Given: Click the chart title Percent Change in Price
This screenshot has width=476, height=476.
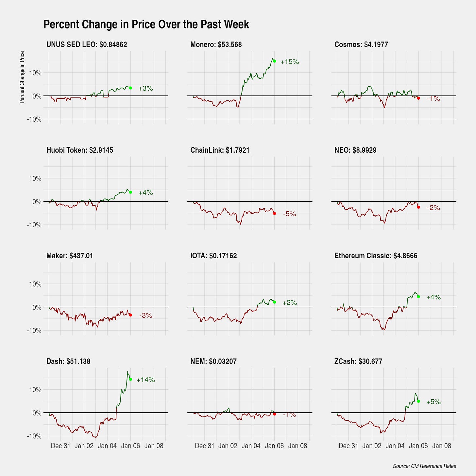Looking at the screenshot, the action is pos(146,25).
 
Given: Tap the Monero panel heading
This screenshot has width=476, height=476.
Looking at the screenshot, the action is pos(216,45).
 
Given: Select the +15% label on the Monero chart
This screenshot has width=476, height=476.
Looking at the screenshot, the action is pos(290,62).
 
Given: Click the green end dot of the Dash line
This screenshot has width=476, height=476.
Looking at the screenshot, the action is pos(130,379).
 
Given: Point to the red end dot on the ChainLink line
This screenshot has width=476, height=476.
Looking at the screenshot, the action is pos(274,213).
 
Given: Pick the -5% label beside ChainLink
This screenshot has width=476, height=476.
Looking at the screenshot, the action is pos(290,214).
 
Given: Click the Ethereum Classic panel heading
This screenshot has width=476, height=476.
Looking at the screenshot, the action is pos(376,256).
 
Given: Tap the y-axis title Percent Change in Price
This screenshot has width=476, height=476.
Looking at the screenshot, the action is pos(22,77).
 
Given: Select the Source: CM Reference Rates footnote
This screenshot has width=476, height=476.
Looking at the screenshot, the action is pos(424,466).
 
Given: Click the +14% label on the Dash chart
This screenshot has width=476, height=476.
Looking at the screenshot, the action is pos(145,380).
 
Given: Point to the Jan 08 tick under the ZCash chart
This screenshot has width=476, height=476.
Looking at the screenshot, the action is pos(441,446).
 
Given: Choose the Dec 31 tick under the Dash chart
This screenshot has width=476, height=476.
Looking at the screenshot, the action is pos(60,446).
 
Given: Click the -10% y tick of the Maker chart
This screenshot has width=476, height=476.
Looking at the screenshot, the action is pos(34,331).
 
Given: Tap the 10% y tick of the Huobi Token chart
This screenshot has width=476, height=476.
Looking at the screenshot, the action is pos(35,178).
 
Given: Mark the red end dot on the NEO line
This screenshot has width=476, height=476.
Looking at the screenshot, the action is pos(418,207).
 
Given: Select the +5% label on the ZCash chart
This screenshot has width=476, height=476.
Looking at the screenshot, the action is pos(433,402).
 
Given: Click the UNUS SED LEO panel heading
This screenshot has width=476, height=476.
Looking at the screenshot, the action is pos(87,45).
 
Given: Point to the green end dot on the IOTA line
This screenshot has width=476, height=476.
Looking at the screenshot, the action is pos(274,302).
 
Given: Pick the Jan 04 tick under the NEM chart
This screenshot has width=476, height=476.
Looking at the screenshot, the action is pos(251,446).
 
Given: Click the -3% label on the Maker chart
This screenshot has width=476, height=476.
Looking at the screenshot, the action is pos(145,315).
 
